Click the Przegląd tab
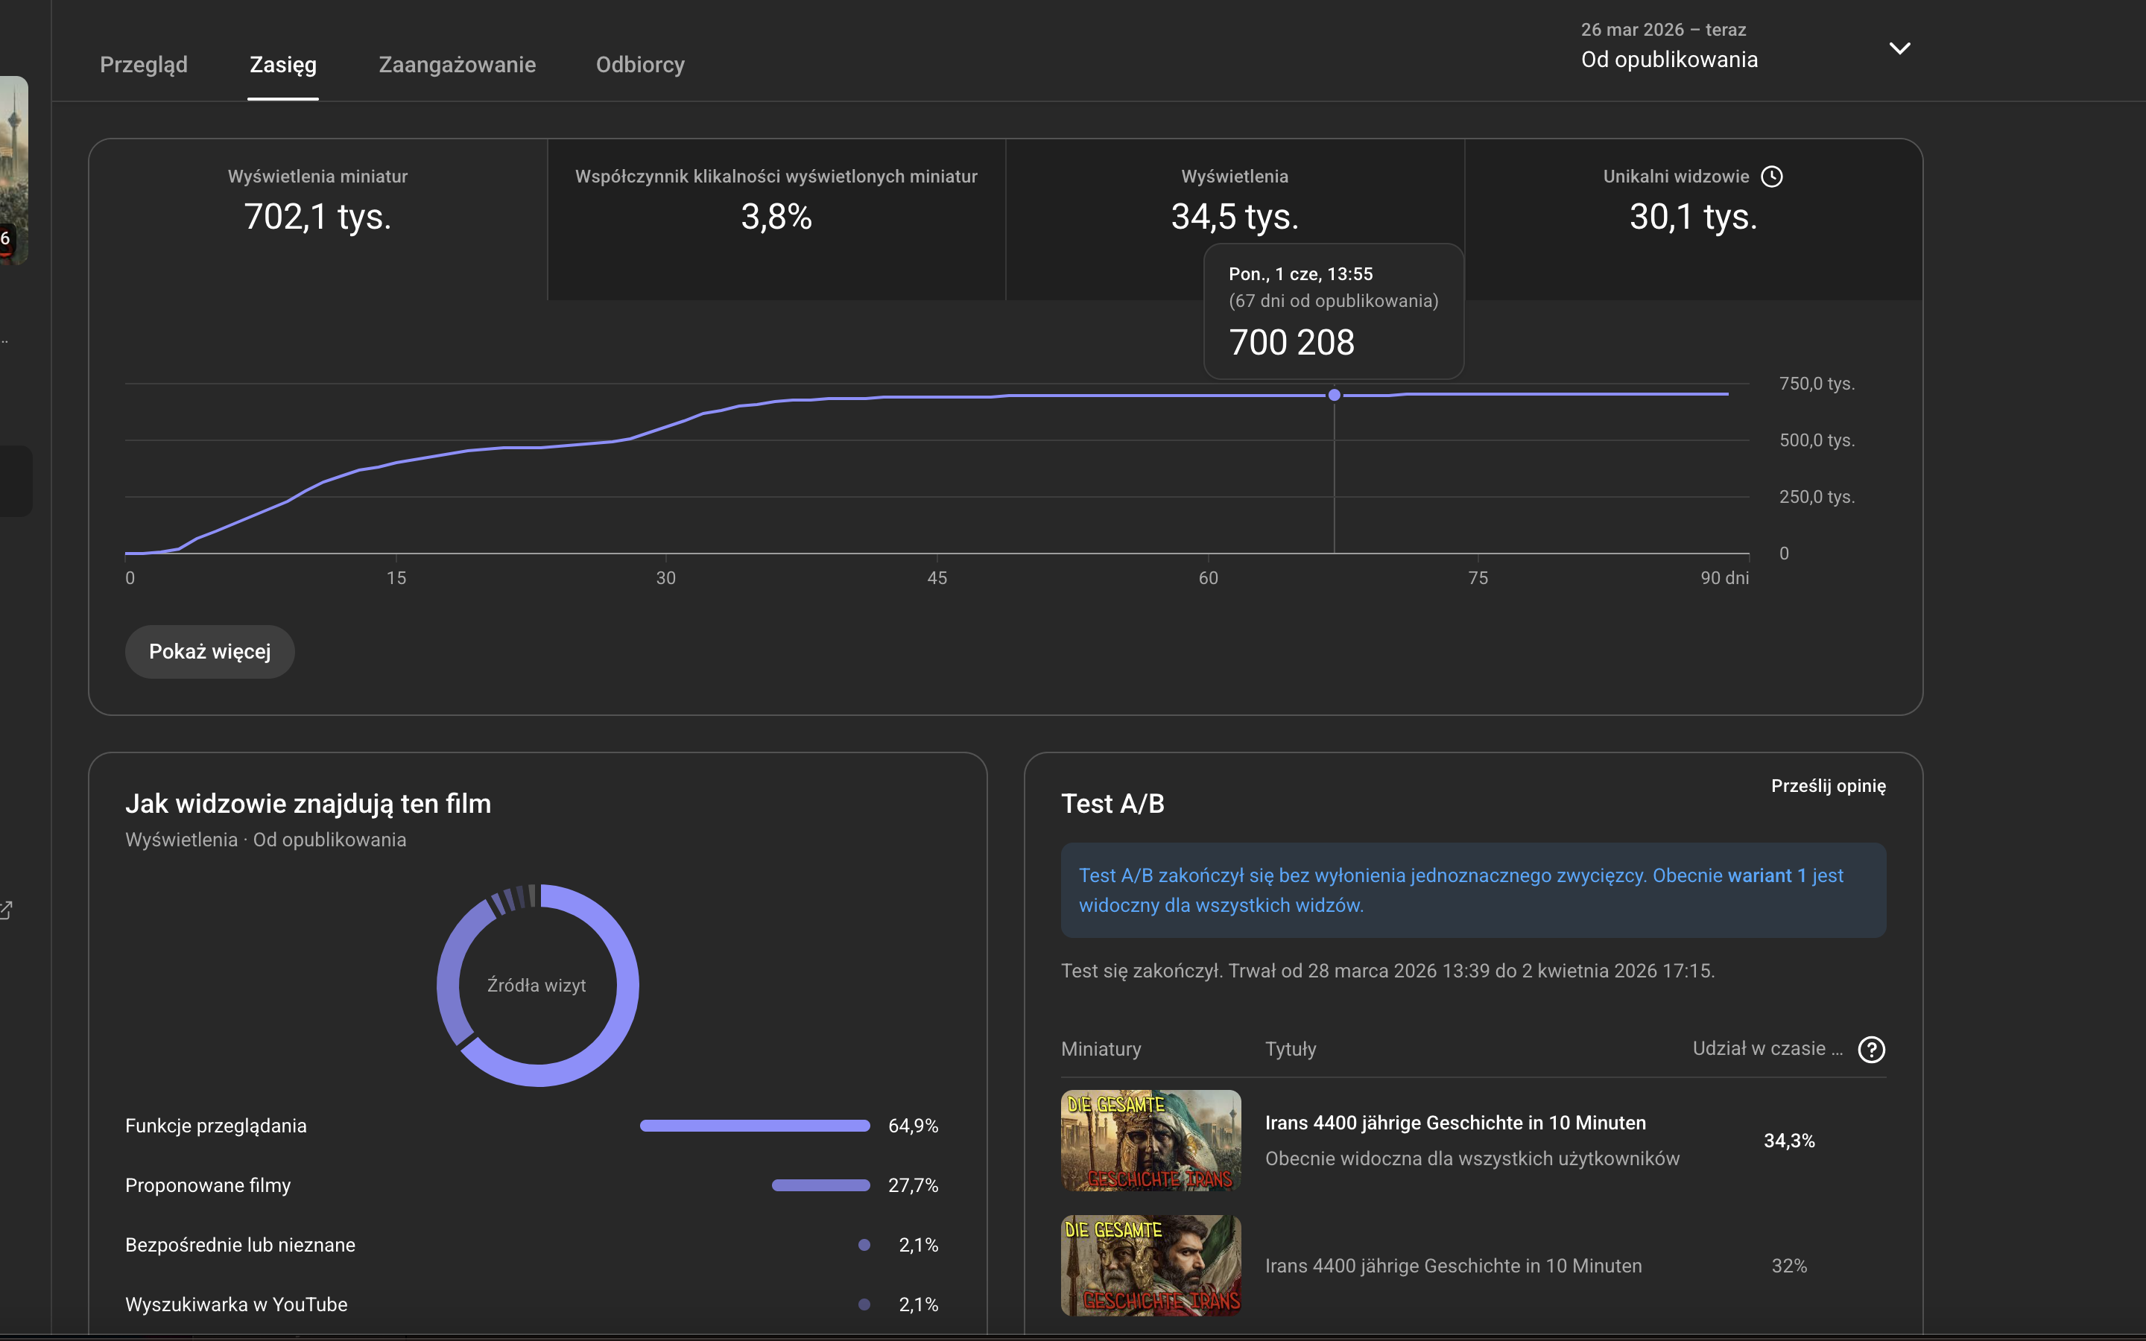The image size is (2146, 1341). coord(144,65)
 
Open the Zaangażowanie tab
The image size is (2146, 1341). coord(457,65)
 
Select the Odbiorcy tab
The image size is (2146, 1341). coord(640,65)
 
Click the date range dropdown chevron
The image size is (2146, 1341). coord(1899,48)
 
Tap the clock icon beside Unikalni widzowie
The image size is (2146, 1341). coord(1772,177)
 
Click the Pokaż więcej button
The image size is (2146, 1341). coord(209,652)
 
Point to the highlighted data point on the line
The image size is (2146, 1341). coord(1334,395)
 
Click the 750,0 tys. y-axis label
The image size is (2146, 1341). coord(1817,384)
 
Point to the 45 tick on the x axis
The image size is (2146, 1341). coord(937,578)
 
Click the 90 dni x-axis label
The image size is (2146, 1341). coord(1725,578)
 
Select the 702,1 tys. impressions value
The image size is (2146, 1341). coord(317,216)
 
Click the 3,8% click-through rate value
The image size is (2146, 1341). coord(776,216)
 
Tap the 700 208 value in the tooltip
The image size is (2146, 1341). coord(1292,343)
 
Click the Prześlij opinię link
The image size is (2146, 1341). coord(1829,786)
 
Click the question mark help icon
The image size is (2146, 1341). coord(1871,1049)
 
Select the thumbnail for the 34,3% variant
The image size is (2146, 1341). coord(1151,1141)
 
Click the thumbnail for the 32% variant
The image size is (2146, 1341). coord(1151,1266)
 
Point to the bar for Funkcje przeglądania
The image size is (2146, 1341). coord(755,1126)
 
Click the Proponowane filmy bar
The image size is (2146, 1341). coord(821,1185)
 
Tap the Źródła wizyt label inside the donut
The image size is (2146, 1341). coord(536,986)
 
